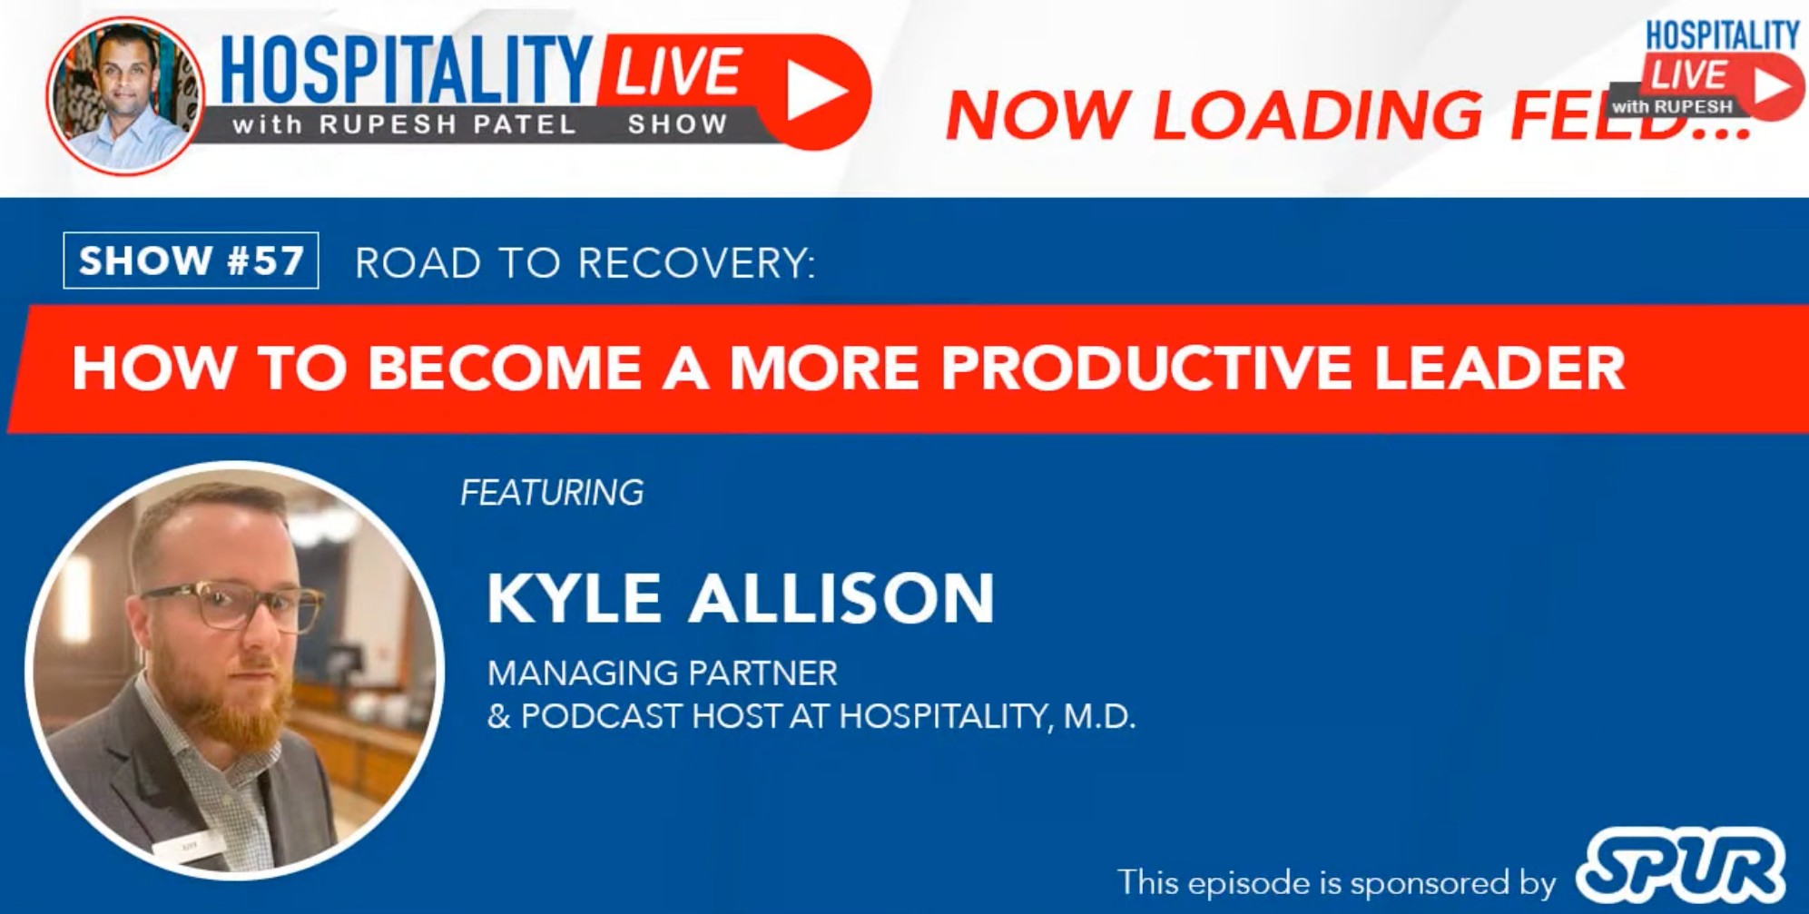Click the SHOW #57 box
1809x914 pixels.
[x=191, y=260]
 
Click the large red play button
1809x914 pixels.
[x=814, y=92]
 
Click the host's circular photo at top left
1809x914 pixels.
[x=125, y=95]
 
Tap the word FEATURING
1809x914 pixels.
[x=552, y=493]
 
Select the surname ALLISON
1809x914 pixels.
[x=841, y=598]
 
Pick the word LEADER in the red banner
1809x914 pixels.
[x=1499, y=368]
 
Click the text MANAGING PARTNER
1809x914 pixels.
[x=663, y=673]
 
